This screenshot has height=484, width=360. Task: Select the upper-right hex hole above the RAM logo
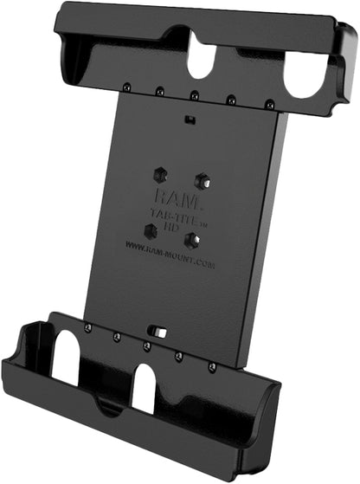[202, 180]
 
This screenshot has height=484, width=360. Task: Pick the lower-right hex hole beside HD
[193, 240]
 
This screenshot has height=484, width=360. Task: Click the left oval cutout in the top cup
[201, 58]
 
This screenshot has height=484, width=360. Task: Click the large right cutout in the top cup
[304, 75]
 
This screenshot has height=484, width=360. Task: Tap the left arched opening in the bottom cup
[67, 356]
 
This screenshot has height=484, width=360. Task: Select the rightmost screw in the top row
[270, 105]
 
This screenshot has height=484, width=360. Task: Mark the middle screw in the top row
[194, 94]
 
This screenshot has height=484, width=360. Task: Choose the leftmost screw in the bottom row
[88, 326]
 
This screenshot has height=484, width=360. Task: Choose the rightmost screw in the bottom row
[213, 366]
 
